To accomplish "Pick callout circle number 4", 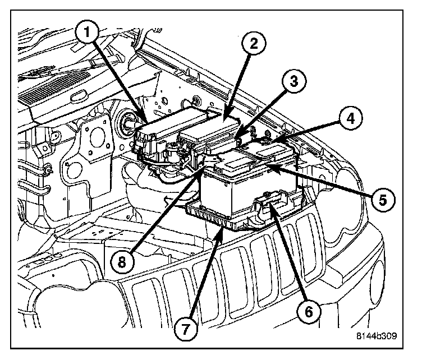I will tap(348, 119).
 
